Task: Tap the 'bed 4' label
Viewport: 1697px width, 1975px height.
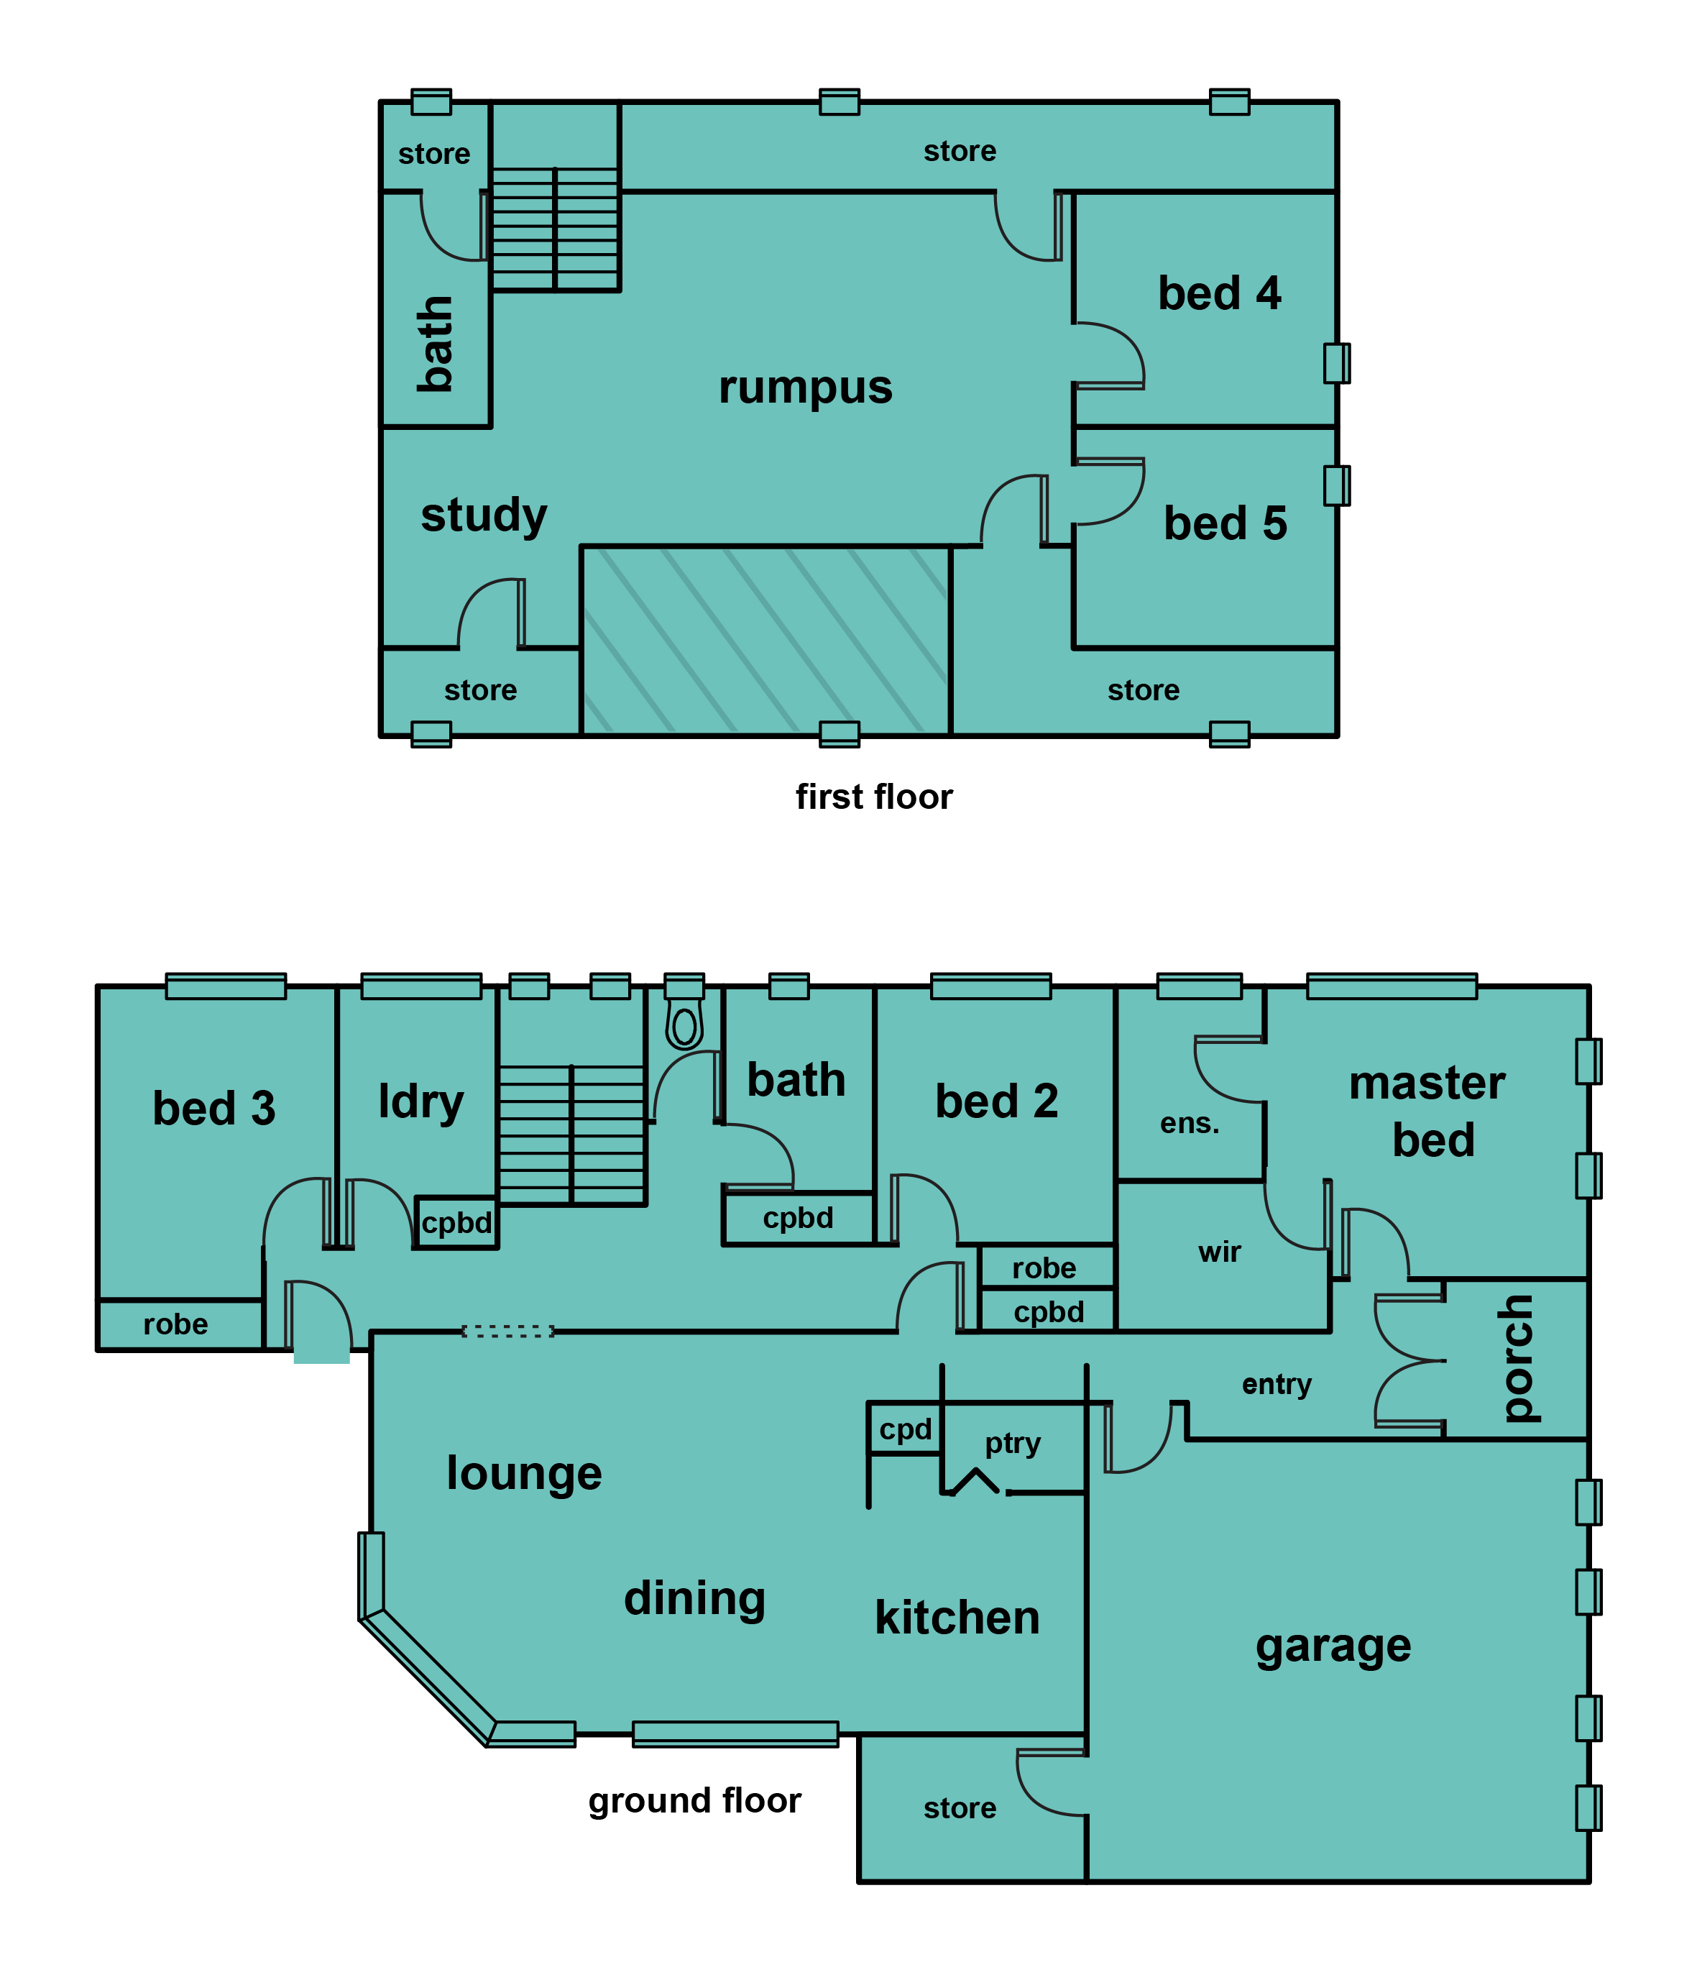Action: pos(1219,293)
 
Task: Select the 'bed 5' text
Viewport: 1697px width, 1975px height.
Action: pos(1225,523)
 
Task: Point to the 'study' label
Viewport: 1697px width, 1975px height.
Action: pos(484,515)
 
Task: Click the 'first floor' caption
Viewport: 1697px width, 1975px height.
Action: pos(874,797)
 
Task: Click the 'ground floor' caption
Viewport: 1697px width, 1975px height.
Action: pos(694,1800)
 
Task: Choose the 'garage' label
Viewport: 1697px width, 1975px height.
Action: pos(1333,1647)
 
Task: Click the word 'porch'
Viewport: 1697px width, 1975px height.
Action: pos(1517,1358)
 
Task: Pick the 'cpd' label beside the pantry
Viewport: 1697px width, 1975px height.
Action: pos(905,1430)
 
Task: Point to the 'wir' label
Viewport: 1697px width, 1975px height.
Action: pos(1220,1252)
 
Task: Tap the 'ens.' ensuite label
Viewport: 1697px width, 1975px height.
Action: pos(1189,1124)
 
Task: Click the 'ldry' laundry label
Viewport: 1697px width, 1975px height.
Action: pos(420,1103)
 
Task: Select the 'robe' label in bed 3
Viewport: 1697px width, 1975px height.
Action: pos(175,1324)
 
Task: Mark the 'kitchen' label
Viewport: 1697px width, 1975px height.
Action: pos(957,1618)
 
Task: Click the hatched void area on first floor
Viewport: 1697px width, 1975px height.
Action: pos(765,641)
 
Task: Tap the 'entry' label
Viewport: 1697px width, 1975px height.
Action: pos(1277,1384)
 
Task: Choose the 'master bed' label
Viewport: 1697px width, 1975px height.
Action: pos(1429,1112)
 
